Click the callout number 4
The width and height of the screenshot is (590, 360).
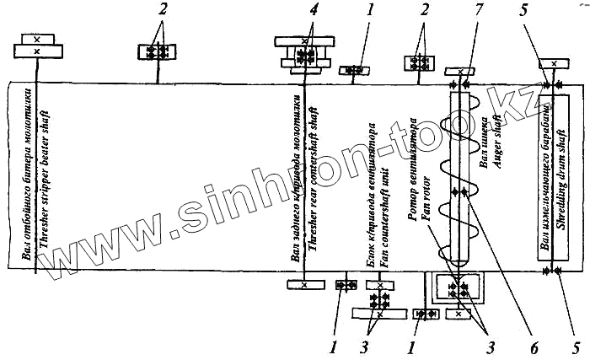pyautogui.click(x=313, y=11)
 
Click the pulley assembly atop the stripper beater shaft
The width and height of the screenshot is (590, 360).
pyautogui.click(x=36, y=46)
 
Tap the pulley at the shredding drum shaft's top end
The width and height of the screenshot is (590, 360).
pyautogui.click(x=553, y=63)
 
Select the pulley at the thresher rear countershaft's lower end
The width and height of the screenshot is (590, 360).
pyautogui.click(x=303, y=285)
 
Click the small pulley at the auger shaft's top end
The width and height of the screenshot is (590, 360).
pyautogui.click(x=462, y=72)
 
